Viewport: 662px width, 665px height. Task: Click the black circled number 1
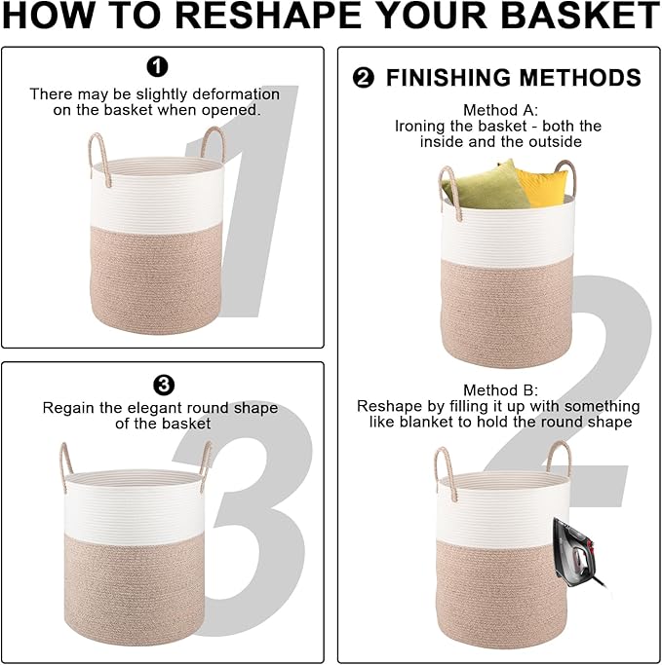157,66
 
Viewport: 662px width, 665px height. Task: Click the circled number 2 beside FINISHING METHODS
364,79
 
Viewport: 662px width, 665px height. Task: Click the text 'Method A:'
500,110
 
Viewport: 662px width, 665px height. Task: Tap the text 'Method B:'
500,389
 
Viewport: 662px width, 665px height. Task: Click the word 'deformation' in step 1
232,94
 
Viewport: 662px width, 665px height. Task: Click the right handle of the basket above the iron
560,459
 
